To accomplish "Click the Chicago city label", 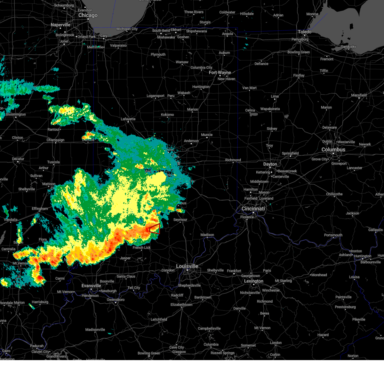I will [x=88, y=15].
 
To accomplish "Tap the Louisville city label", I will [x=187, y=266].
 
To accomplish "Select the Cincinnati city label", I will [x=253, y=209].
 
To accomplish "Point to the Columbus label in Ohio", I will [x=333, y=150].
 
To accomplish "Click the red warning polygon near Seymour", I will [x=155, y=229].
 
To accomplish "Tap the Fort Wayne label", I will [x=220, y=73].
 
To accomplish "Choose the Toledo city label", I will [x=305, y=32].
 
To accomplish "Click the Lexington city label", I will [x=254, y=281].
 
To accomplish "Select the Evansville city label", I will [x=91, y=286].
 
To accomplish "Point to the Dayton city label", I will [x=270, y=164].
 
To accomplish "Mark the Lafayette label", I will [x=128, y=119].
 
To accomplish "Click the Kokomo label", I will [x=167, y=115].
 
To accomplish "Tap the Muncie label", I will [x=207, y=135].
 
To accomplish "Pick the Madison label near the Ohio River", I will [x=207, y=235].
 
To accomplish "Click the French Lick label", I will [x=142, y=247].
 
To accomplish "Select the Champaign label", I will [x=55, y=140].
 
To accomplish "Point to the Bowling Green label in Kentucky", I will [x=149, y=353].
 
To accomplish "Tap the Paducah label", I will [x=37, y=346].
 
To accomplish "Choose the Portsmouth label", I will [x=333, y=235].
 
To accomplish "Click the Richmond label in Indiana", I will [x=233, y=160].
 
